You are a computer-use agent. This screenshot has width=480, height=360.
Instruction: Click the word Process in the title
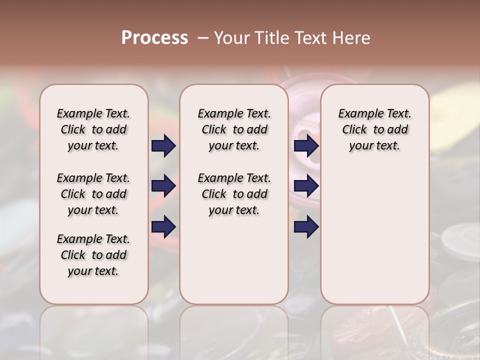(154, 38)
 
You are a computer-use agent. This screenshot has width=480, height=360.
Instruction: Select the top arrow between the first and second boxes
(163, 145)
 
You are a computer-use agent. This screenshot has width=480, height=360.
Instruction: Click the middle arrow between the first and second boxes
(163, 186)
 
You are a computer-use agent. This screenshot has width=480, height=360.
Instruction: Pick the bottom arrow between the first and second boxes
(163, 227)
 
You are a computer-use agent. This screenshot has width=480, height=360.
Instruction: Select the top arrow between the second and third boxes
(306, 145)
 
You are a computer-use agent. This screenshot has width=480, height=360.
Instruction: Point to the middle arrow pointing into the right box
(306, 186)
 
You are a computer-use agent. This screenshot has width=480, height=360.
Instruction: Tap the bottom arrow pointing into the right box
(306, 227)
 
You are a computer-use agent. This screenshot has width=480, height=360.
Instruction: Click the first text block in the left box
(93, 129)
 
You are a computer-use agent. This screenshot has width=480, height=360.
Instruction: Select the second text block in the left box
(93, 194)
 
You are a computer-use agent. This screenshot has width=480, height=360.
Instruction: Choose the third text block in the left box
(93, 255)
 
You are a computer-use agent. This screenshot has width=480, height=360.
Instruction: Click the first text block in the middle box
(234, 129)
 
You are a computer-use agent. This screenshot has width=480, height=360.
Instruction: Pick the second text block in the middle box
(234, 194)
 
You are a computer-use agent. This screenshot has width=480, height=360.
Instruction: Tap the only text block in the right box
(374, 129)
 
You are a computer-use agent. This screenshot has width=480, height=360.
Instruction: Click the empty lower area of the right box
(374, 235)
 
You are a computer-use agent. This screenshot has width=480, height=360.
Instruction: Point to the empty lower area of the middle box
(234, 260)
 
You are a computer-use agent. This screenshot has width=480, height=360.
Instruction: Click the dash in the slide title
(203, 38)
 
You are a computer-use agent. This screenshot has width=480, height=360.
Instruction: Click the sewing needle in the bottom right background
(399, 325)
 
